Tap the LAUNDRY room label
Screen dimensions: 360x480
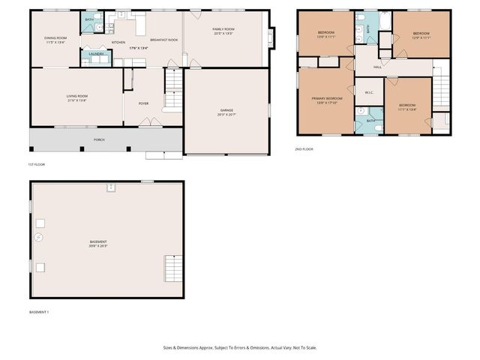click(x=96, y=54)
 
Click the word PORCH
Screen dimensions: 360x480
click(x=99, y=139)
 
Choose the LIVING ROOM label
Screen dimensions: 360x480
click(x=77, y=97)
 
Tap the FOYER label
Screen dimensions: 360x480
click(x=143, y=103)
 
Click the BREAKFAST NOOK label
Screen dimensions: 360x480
click(x=163, y=40)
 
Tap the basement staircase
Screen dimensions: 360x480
click(x=172, y=268)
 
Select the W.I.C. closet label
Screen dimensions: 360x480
click(x=369, y=93)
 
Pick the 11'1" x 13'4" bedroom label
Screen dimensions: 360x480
click(x=407, y=106)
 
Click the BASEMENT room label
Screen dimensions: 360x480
click(x=98, y=243)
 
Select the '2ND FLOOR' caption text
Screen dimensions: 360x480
click(x=304, y=149)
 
